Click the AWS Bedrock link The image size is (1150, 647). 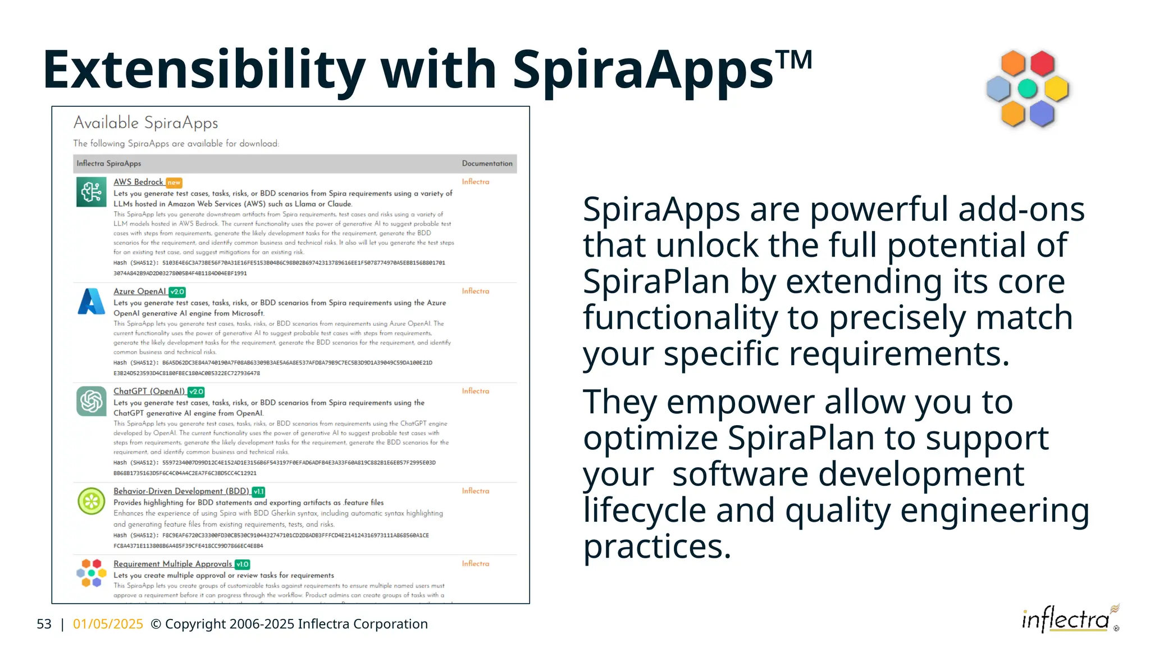point(138,182)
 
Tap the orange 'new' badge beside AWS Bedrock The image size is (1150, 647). point(174,183)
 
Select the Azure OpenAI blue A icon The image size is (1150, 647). point(91,302)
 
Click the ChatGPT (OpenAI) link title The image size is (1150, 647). point(149,391)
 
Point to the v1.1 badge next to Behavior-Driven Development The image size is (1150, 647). point(258,491)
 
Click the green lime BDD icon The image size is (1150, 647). point(91,501)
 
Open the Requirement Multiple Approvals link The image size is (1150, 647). point(172,564)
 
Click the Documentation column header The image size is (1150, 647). point(487,163)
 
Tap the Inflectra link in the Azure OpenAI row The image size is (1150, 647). point(475,291)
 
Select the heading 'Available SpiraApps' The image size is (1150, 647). point(145,122)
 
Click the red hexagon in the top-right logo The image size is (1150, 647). point(1042,63)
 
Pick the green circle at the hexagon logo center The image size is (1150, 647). point(1027,88)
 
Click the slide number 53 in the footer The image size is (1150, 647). point(44,624)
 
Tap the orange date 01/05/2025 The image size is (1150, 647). point(108,624)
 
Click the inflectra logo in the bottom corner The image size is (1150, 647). point(1067,619)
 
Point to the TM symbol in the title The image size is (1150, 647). point(793,59)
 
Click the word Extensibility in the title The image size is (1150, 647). point(204,70)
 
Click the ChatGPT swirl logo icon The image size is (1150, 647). point(91,401)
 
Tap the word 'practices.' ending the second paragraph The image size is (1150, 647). point(657,546)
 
